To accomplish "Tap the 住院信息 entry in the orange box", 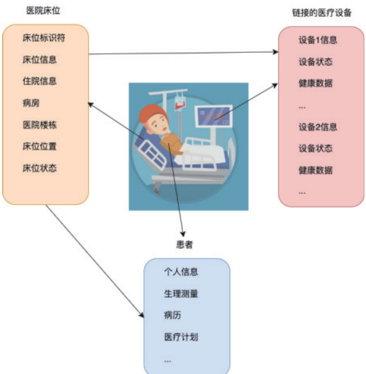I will pyautogui.click(x=39, y=81).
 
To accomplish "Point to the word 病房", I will pyautogui.click(x=31, y=103).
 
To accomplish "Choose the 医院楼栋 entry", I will pyautogui.click(x=39, y=125).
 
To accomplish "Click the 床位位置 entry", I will pyautogui.click(x=39, y=147).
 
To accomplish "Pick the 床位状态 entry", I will pyautogui.click(x=39, y=168).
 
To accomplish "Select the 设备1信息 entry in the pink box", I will pyautogui.click(x=318, y=40).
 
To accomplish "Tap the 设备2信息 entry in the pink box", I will pyautogui.click(x=318, y=127).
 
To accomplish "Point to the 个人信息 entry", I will pyautogui.click(x=181, y=272).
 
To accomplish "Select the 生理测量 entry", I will pyautogui.click(x=181, y=294).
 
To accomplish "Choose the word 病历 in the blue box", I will pyautogui.click(x=173, y=315).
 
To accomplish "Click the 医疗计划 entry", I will pyautogui.click(x=181, y=337).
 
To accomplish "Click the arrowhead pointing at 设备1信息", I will pyautogui.click(x=276, y=52).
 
